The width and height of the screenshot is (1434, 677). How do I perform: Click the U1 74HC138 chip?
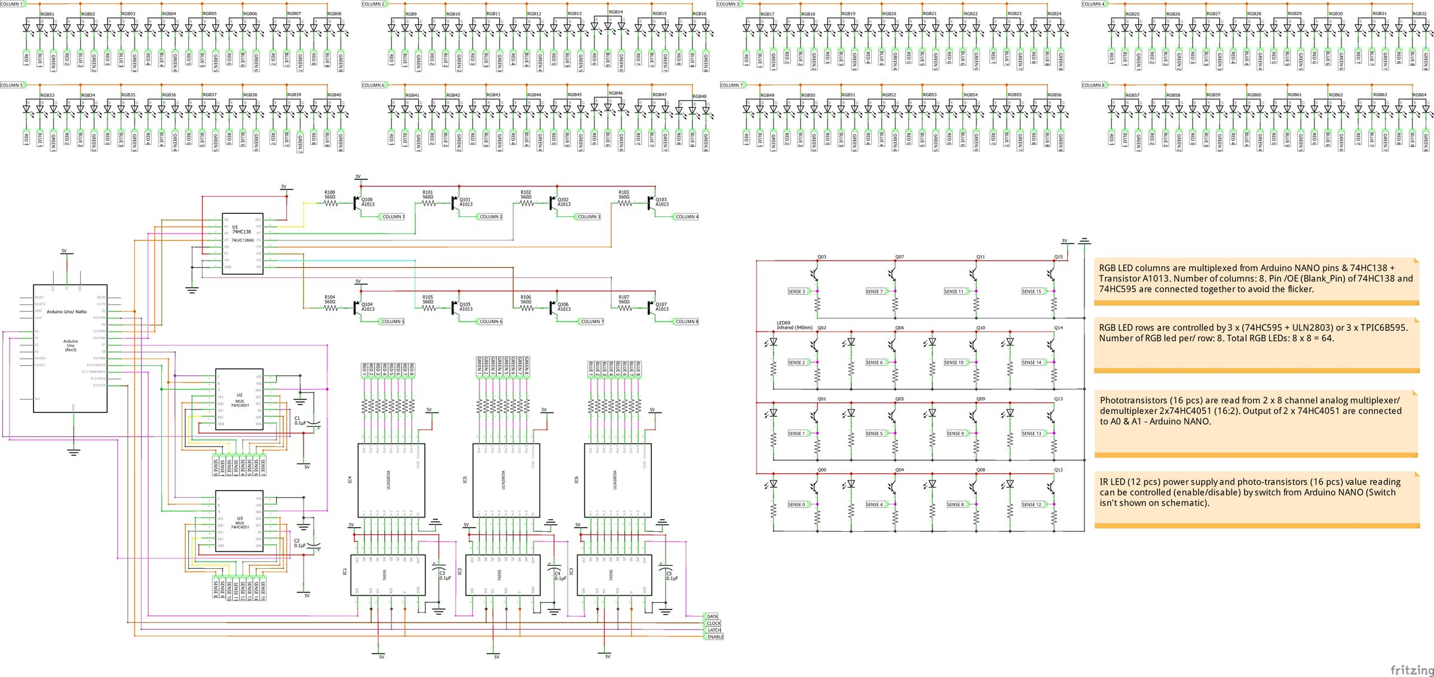click(242, 243)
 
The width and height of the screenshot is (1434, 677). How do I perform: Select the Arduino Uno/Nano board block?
click(70, 348)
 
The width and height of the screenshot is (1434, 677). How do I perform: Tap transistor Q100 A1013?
click(357, 203)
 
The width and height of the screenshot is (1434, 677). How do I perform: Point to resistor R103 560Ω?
click(624, 203)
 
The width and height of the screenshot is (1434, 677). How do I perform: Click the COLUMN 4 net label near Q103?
click(686, 217)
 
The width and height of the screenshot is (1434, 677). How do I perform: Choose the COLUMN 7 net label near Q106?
click(592, 321)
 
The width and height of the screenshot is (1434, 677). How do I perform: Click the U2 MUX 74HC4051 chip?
click(239, 399)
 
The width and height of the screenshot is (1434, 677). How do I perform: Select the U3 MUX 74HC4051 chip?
click(239, 521)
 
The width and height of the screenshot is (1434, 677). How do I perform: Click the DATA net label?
click(712, 616)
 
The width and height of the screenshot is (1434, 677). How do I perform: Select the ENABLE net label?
click(715, 637)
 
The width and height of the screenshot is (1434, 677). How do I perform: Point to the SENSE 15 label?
click(1032, 292)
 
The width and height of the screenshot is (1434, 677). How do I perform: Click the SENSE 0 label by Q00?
click(796, 505)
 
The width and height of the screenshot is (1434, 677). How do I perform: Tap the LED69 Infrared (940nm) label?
click(793, 326)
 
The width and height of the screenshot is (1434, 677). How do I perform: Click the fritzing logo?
click(1411, 669)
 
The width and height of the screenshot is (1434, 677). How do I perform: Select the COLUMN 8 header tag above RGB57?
click(1093, 85)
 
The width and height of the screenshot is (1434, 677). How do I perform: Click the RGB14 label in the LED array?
click(615, 12)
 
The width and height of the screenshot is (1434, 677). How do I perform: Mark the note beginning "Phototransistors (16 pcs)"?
click(1255, 411)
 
